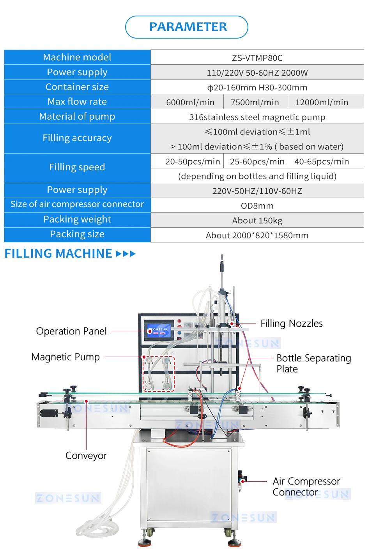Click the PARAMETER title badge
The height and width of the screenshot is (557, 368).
pyautogui.click(x=186, y=27)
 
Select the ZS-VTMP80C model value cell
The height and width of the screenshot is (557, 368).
pyautogui.click(x=257, y=57)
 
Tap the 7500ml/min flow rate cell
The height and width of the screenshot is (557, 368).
pyautogui.click(x=255, y=102)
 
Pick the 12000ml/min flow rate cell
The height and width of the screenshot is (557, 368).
pyautogui.click(x=326, y=102)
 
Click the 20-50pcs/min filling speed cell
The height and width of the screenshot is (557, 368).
pyautogui.click(x=187, y=161)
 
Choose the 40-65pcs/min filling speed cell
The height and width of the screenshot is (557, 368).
pyautogui.click(x=326, y=161)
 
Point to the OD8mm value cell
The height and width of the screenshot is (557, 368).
pyautogui.click(x=257, y=206)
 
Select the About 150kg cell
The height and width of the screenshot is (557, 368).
pyautogui.click(x=257, y=220)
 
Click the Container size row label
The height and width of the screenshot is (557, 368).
pyautogui.click(x=77, y=87)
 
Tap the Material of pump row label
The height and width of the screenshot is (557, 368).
pyautogui.click(x=77, y=117)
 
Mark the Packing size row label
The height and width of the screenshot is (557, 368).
pyautogui.click(x=77, y=234)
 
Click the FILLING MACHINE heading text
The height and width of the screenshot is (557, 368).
pyautogui.click(x=58, y=254)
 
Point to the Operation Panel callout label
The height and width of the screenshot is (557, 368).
pyautogui.click(x=71, y=331)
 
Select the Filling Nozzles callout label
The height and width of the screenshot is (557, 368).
pyautogui.click(x=292, y=324)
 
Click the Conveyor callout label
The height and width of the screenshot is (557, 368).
pyautogui.click(x=86, y=456)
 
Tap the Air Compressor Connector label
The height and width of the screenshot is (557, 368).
pyautogui.click(x=306, y=486)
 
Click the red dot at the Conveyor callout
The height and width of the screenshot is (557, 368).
pyautogui.click(x=86, y=401)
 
